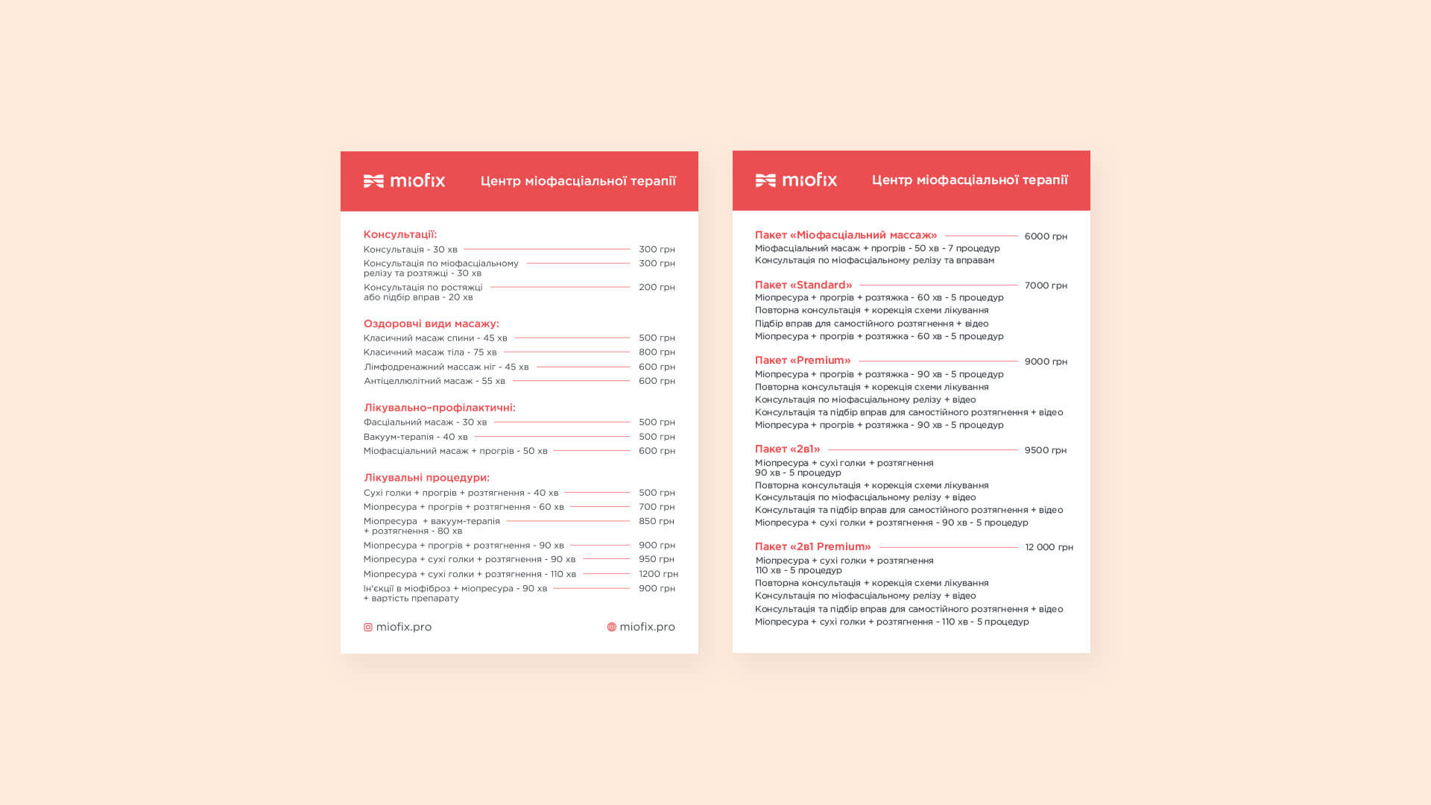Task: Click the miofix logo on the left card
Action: pyautogui.click(x=404, y=181)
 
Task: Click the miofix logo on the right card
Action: pyautogui.click(x=796, y=180)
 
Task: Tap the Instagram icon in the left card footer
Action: pyautogui.click(x=368, y=628)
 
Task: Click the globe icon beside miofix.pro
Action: pyautogui.click(x=612, y=628)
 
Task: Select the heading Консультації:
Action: pyautogui.click(x=400, y=235)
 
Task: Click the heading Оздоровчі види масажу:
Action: pyautogui.click(x=432, y=324)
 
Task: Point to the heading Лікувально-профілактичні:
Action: pyautogui.click(x=440, y=408)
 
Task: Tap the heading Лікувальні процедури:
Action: pyautogui.click(x=426, y=478)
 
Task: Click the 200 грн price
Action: pyautogui.click(x=657, y=287)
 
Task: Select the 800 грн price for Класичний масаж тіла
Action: pyautogui.click(x=657, y=352)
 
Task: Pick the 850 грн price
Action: pyautogui.click(x=657, y=521)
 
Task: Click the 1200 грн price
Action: pyautogui.click(x=658, y=574)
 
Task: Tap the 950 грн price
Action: pyautogui.click(x=657, y=559)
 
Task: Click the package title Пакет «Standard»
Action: pyautogui.click(x=803, y=285)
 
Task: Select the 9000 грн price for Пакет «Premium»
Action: pyautogui.click(x=1046, y=362)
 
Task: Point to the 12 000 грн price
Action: pyautogui.click(x=1049, y=547)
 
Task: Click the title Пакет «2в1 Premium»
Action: pyautogui.click(x=813, y=547)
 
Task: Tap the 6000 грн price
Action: pyautogui.click(x=1046, y=236)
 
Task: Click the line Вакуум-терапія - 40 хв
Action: pyautogui.click(x=416, y=437)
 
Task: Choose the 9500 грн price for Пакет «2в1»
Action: pyautogui.click(x=1046, y=450)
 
